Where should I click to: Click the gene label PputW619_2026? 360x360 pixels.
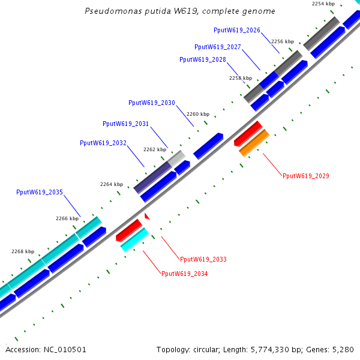tap(236, 30)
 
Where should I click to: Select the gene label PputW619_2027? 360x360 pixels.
tap(218, 47)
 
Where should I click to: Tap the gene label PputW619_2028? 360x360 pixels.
tap(203, 59)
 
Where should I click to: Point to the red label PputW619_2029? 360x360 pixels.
tap(305, 176)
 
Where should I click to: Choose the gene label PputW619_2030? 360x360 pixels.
tap(152, 103)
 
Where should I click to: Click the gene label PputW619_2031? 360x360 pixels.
tap(126, 124)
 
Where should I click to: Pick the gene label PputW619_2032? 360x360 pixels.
tap(103, 143)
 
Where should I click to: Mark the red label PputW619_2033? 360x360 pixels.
tap(203, 259)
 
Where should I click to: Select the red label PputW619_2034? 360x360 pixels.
tap(184, 274)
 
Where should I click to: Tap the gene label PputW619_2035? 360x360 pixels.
tap(40, 193)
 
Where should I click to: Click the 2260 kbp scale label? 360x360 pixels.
tap(198, 114)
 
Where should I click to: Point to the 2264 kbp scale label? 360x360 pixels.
tap(111, 184)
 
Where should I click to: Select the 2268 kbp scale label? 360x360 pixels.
tap(23, 251)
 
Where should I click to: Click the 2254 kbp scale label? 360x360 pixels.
tap(323, 4)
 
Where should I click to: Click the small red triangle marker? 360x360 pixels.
tap(146, 215)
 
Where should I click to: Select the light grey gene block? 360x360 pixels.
tap(176, 158)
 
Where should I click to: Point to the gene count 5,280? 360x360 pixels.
tap(343, 349)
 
